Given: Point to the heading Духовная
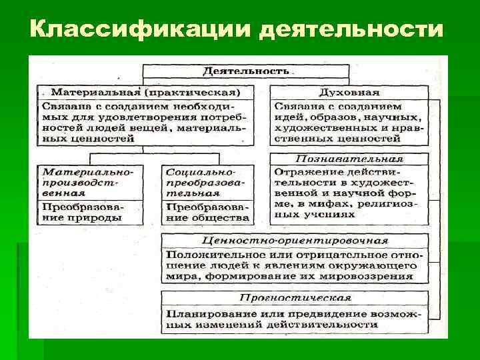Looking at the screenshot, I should pos(350,91).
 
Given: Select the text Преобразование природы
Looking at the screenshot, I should pos(83,211).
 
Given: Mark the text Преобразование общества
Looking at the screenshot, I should pos(207,211).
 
